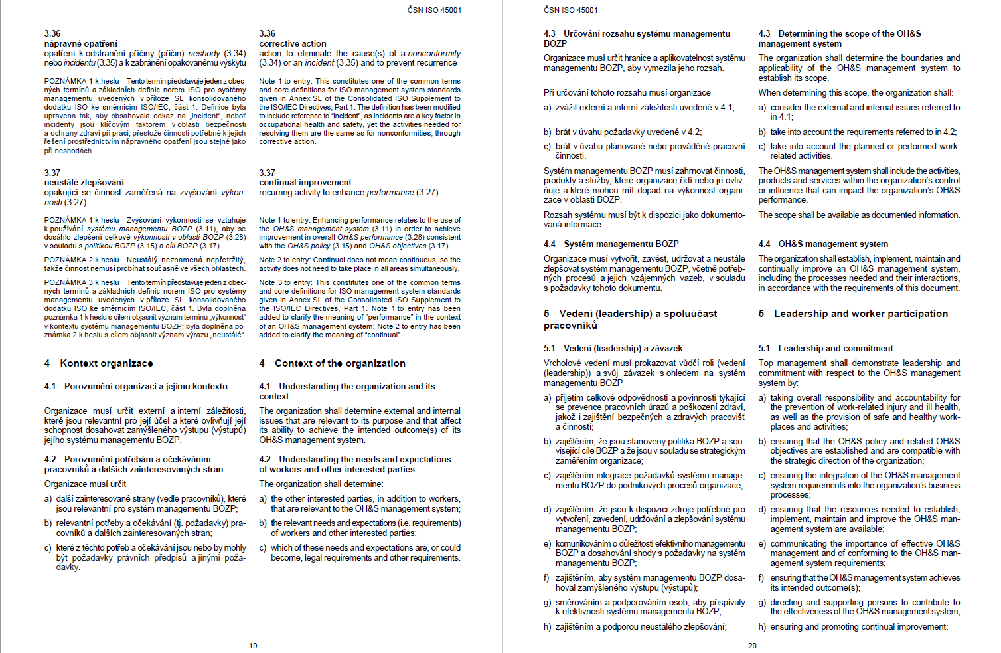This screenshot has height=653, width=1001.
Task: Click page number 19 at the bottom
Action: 253,646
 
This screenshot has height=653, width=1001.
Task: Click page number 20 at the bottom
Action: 752,646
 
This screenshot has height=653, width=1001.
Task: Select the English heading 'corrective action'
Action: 292,43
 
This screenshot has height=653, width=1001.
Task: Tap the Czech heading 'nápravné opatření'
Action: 81,43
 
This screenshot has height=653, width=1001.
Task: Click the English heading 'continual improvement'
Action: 305,182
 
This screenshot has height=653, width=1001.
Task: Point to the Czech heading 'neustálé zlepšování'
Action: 84,182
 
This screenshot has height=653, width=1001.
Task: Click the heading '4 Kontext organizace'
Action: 98,363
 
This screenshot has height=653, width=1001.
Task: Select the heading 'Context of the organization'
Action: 340,363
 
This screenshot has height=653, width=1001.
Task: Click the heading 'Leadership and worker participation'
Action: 861,314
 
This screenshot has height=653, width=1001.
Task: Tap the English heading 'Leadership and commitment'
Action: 836,348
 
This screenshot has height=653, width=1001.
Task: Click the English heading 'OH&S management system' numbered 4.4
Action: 833,244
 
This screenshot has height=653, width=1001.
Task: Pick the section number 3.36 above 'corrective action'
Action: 267,33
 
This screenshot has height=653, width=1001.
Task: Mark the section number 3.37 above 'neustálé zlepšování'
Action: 52,173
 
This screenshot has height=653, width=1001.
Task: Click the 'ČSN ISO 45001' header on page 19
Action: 434,10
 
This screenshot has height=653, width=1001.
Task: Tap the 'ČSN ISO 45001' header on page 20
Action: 570,10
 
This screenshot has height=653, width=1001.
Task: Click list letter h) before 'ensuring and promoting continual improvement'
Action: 762,626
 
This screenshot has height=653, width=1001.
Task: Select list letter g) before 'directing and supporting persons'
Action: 762,603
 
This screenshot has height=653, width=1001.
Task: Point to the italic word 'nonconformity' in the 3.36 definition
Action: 434,53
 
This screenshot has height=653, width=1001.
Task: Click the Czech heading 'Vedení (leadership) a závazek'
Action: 623,348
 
